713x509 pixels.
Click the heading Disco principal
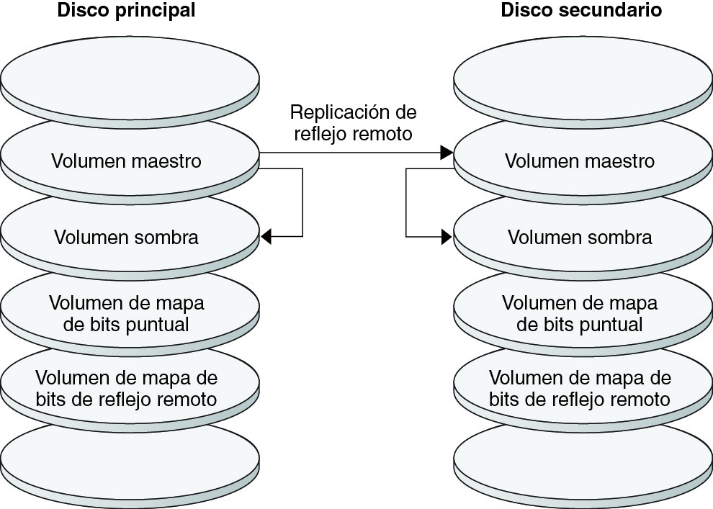tap(127, 12)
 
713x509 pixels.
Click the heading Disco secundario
tap(581, 12)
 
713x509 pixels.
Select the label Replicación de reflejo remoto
tap(353, 123)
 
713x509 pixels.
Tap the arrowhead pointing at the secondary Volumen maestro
tap(447, 153)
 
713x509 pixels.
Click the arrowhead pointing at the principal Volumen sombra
tap(266, 236)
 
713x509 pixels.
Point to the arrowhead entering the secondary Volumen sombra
tap(447, 236)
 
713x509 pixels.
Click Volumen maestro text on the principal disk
tap(127, 161)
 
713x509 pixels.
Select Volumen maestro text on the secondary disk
tap(580, 161)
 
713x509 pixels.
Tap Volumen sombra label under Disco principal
tap(127, 237)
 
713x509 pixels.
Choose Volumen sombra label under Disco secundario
tap(580, 237)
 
